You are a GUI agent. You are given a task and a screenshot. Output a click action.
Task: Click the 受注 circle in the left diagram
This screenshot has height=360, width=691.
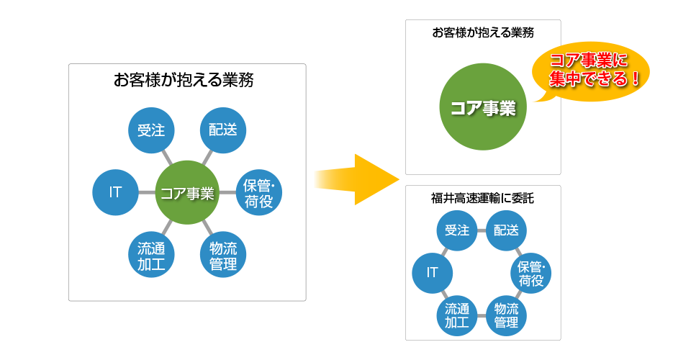click(151, 130)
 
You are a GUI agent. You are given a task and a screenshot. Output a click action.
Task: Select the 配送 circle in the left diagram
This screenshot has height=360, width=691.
click(222, 130)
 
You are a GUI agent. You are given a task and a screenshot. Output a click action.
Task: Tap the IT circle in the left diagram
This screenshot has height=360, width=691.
click(115, 192)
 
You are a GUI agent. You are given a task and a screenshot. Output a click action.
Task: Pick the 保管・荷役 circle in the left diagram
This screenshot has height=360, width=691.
click(258, 193)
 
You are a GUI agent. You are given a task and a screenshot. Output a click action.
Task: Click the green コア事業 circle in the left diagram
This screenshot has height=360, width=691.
click(186, 192)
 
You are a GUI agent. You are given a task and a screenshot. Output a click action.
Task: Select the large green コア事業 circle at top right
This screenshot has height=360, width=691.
click(483, 108)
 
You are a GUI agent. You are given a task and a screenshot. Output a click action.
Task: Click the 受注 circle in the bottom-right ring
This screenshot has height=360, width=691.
click(457, 230)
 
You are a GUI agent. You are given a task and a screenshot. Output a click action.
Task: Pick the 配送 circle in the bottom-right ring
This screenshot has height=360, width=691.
click(506, 230)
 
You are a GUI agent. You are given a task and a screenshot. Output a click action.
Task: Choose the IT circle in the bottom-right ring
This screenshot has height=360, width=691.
click(433, 273)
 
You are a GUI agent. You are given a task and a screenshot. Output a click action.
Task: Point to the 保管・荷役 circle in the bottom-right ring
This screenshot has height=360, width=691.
click(530, 273)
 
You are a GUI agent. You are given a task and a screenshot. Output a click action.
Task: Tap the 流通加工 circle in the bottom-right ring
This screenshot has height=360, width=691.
click(457, 315)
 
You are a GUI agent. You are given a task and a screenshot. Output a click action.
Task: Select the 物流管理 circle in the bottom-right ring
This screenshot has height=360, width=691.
click(506, 315)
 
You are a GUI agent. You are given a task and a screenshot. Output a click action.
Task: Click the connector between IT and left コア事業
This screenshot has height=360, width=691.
click(147, 192)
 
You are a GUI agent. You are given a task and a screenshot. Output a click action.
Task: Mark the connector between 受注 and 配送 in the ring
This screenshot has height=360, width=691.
click(482, 230)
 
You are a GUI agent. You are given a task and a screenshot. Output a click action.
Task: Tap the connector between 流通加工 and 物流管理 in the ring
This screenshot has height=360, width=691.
click(482, 315)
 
